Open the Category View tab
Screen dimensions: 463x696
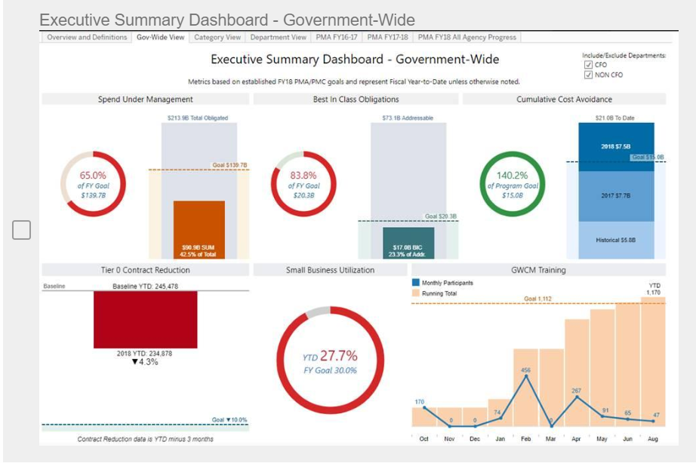[217, 37]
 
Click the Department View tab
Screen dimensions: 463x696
[278, 37]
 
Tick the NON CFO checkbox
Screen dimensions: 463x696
[588, 75]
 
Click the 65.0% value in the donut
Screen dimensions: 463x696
[93, 175]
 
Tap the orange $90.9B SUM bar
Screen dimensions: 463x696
[199, 229]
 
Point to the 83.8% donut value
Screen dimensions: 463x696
[303, 175]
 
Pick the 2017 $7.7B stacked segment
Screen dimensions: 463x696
[616, 195]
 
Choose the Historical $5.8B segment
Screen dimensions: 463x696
[616, 240]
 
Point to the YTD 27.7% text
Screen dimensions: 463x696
[330, 356]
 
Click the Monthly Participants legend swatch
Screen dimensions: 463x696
[416, 283]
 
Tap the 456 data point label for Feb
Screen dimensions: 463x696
[525, 370]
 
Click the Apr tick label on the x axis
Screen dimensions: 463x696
[576, 438]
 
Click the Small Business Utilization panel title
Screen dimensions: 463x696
[330, 269]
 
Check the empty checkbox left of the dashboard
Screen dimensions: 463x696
[21, 230]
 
